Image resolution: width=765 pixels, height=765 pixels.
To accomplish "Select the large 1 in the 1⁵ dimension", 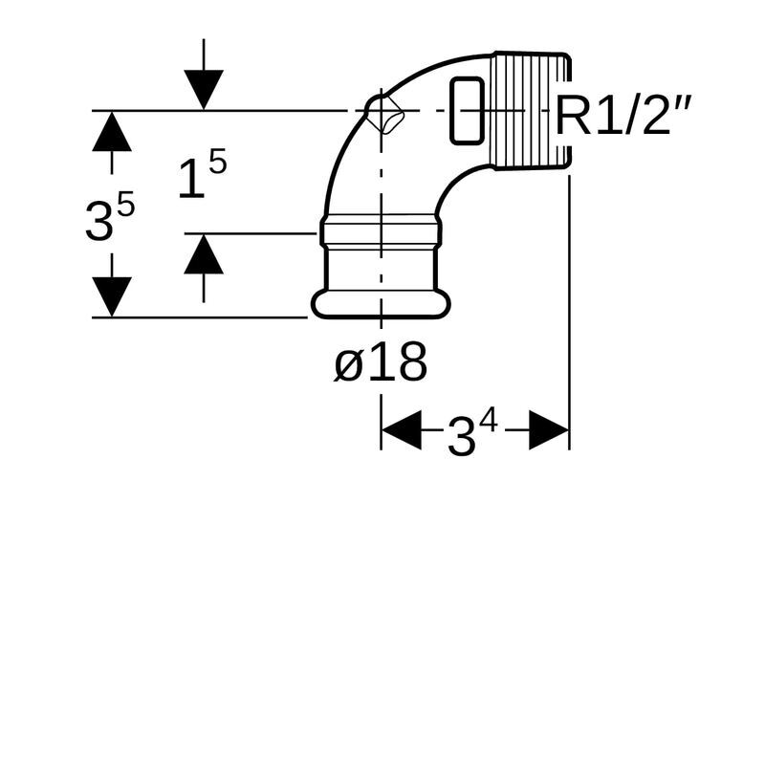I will pos(191,179).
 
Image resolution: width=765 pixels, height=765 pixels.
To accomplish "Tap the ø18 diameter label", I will pos(381,363).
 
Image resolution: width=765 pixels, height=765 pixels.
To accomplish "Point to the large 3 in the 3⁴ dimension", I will pos(461,438).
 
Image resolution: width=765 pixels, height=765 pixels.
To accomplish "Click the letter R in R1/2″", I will pos(572,117).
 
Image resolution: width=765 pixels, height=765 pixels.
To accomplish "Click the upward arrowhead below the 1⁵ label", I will pos(204,255).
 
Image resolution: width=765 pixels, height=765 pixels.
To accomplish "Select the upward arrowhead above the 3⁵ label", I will pos(112,131).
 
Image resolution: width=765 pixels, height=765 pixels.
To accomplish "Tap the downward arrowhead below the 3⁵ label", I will pos(112,296).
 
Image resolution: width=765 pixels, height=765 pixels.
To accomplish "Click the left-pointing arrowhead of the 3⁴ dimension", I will pos(402,430).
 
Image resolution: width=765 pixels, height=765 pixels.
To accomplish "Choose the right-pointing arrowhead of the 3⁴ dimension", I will pos(549,430).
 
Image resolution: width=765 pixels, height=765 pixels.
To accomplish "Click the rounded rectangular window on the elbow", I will pos(466,110).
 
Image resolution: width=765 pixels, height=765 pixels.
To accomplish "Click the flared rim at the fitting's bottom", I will pos(381,304).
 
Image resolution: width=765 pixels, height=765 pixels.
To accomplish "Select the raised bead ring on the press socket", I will pos(381,230).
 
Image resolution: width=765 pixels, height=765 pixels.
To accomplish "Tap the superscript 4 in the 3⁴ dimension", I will pos(489,421).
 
